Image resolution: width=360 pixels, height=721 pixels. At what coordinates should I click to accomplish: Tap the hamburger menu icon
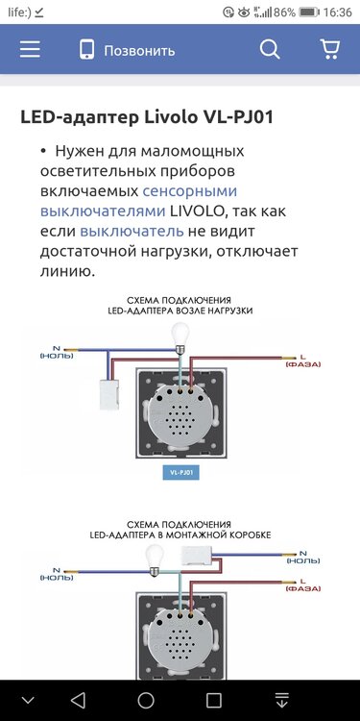pos(30,50)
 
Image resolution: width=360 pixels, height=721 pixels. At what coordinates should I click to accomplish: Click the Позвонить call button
pos(127,50)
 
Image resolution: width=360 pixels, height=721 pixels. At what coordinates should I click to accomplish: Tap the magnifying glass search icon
pos(271,50)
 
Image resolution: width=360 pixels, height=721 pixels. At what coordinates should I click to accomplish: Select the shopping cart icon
pos(329,50)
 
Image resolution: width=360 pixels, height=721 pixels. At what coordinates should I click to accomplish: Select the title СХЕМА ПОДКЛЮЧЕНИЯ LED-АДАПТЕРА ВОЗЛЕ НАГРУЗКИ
pos(180,306)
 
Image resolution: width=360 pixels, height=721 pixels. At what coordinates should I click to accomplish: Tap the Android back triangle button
pos(78,699)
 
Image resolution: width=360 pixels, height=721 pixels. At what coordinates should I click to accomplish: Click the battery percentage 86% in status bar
pos(284,12)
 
